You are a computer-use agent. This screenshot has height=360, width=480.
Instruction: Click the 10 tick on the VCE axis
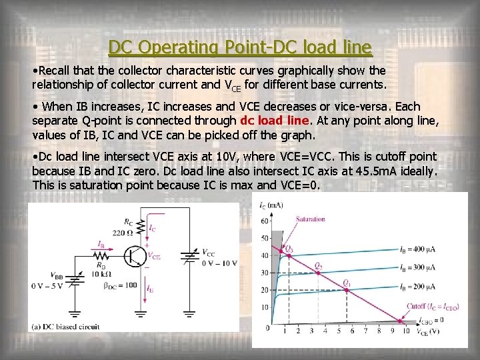tap(406, 332)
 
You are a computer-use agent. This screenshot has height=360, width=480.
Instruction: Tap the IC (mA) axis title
tap(271, 205)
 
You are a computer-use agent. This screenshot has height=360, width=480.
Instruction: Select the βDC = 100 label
tap(120, 285)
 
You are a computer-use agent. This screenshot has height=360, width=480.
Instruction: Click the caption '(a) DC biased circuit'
tap(66, 327)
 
